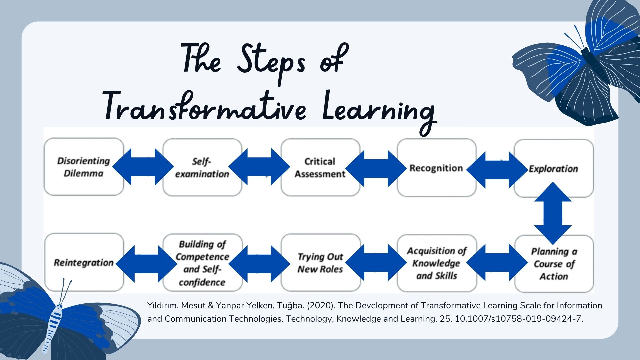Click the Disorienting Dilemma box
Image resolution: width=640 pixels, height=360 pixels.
[x=84, y=167]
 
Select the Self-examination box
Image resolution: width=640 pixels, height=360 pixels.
[x=202, y=167]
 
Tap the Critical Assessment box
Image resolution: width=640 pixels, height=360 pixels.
[x=320, y=167]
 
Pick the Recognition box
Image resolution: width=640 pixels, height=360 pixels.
[x=436, y=168]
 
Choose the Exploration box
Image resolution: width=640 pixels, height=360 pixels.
[x=554, y=168]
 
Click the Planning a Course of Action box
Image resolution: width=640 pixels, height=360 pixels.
[x=554, y=264]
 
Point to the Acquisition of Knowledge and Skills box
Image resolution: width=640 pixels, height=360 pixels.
[x=437, y=263]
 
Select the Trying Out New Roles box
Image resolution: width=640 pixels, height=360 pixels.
[x=321, y=263]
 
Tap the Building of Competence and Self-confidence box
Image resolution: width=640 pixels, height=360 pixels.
[x=202, y=263]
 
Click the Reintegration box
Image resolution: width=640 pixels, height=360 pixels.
[x=84, y=262]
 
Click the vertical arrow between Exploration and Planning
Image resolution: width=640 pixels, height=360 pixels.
[x=553, y=213]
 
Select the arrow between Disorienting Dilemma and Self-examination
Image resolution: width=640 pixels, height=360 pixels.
[x=143, y=167]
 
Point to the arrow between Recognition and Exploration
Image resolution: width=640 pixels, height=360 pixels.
[x=497, y=170]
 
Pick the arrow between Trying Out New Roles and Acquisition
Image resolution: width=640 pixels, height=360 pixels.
[x=376, y=262]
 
